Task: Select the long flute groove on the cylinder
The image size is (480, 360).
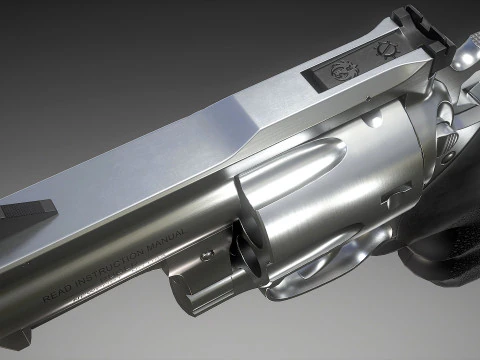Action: point(290,171)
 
